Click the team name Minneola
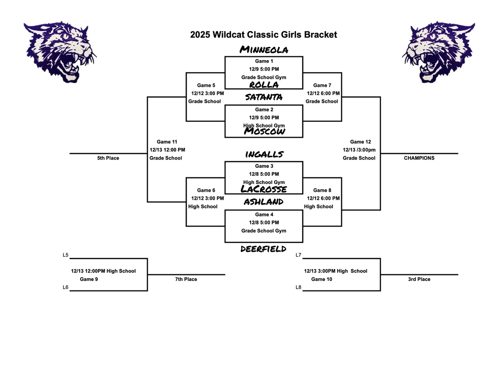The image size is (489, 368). point(264,50)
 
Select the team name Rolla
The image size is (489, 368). point(264,85)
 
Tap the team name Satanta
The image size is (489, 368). point(264,97)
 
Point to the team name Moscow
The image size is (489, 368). point(264,131)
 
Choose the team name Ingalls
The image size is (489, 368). point(264,154)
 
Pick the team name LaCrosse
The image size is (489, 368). point(264,189)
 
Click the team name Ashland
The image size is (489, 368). point(264,202)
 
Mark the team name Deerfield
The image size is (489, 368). point(264,249)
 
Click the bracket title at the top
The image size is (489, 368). point(264,34)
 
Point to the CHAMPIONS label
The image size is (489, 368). point(419,158)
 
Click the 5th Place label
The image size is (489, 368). point(108,158)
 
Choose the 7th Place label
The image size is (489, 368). point(186,279)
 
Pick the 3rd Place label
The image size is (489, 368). point(419,279)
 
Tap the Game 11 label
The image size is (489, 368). point(167,142)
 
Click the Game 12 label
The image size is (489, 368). point(360,142)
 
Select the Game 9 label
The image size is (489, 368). point(89,279)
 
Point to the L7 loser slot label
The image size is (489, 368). point(298,255)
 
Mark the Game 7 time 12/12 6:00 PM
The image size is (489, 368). point(323,94)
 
